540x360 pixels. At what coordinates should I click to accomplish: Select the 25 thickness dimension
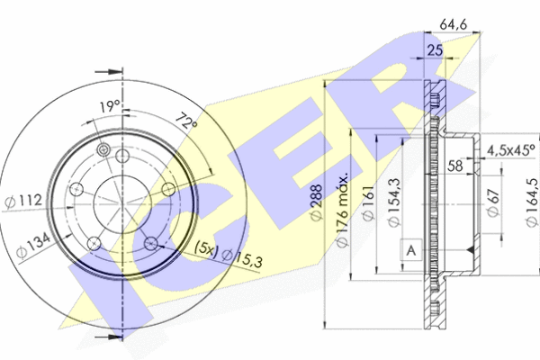click(435, 50)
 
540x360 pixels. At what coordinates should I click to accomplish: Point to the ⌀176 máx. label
click(342, 210)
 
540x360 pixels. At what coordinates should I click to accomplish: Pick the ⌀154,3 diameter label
click(394, 202)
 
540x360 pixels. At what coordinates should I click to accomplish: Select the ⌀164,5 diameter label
click(533, 202)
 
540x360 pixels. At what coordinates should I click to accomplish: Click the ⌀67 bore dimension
click(493, 202)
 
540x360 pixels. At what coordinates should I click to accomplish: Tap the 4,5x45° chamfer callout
click(511, 150)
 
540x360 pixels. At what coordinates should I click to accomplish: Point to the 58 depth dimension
click(454, 166)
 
